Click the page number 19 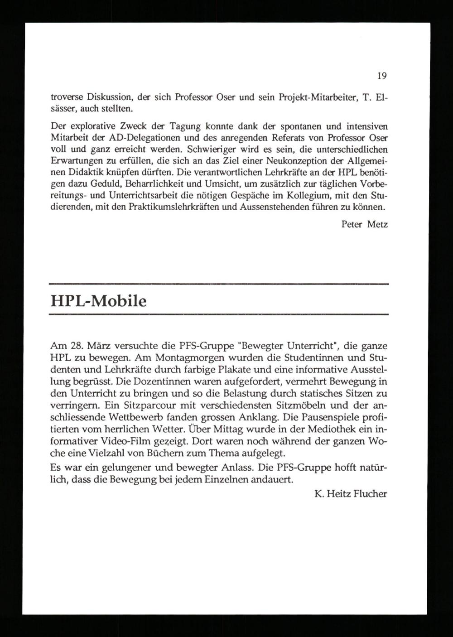381,76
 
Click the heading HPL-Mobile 98,301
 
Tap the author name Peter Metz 365,224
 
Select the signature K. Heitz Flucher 350,494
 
